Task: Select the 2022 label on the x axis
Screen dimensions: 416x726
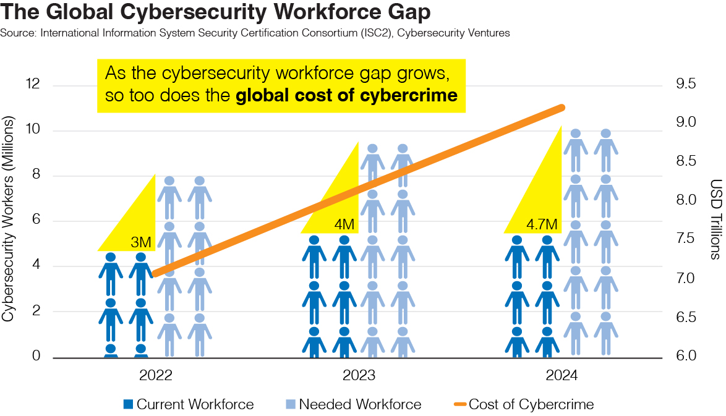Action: tap(156, 376)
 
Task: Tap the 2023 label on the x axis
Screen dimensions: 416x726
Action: tap(358, 376)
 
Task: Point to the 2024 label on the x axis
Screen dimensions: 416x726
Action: tap(561, 376)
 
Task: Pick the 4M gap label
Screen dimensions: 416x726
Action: tap(344, 224)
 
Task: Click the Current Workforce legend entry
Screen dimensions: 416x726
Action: tap(188, 405)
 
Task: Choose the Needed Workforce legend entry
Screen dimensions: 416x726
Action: tap(353, 405)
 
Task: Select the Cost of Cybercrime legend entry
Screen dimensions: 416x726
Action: tap(523, 405)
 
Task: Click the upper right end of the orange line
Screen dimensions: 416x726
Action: tap(562, 108)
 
